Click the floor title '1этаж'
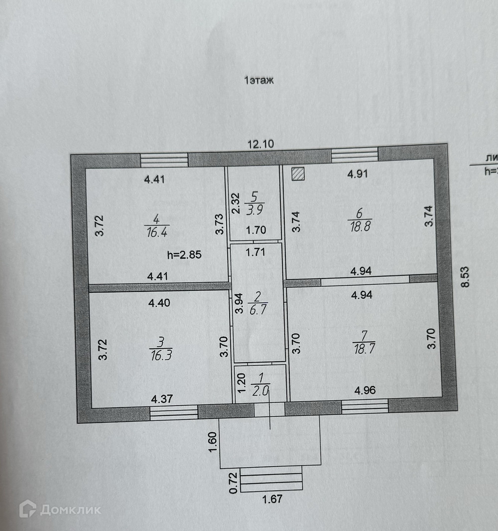tap(259, 80)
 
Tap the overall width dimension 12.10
tap(261, 144)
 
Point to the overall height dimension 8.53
tap(465, 276)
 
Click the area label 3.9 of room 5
tap(254, 209)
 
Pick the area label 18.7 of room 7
tap(364, 348)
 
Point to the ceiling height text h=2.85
tap(185, 255)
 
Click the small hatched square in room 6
tap(298, 173)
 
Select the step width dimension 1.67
tap(272, 498)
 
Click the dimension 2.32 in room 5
tap(237, 203)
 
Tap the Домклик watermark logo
tap(60, 509)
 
